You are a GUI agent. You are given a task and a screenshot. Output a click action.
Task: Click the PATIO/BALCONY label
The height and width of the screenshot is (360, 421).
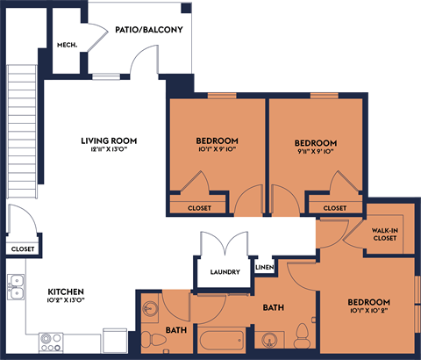point(148,30)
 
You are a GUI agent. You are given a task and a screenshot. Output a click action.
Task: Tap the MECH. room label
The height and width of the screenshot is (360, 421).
point(67,45)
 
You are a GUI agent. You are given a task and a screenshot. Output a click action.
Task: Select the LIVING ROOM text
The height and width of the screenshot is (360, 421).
point(109,140)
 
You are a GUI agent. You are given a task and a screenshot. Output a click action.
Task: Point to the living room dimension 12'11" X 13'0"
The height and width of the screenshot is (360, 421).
point(109,151)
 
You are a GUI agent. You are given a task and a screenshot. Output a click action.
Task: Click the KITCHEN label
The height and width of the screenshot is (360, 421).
point(66,291)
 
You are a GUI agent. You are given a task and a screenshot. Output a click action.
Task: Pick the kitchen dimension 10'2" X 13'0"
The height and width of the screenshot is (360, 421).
point(66,301)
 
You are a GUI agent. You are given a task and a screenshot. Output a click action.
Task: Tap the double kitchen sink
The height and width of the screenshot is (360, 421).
point(16,288)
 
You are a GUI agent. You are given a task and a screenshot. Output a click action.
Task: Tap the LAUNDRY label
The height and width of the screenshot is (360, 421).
point(225,272)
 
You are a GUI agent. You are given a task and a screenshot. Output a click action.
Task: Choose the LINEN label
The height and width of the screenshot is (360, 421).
point(264,267)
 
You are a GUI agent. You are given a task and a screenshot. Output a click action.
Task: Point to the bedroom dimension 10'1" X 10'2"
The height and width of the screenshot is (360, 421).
point(368,311)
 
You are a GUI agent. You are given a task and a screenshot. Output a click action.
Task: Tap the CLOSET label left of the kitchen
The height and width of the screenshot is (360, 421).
point(23,249)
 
